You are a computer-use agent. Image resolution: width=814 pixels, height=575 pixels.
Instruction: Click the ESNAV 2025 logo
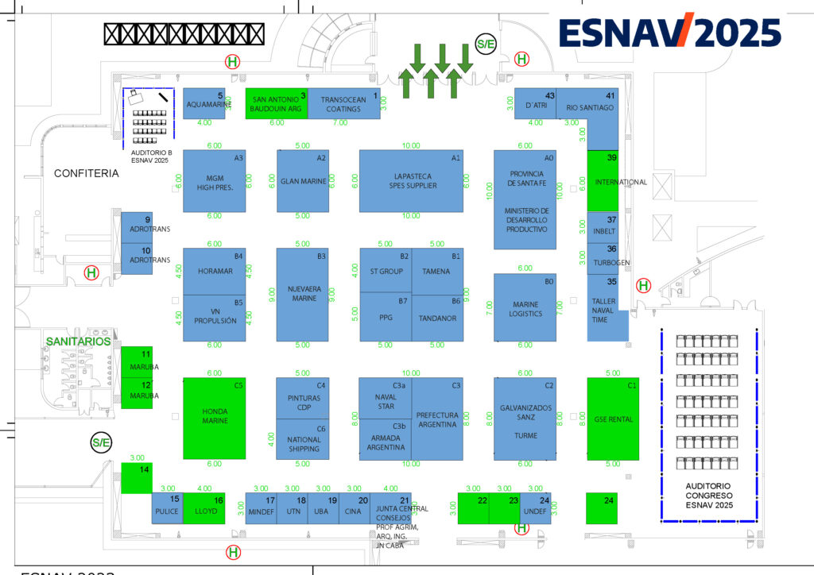tap(669, 33)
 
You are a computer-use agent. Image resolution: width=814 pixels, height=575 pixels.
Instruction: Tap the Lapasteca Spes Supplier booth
tap(411, 180)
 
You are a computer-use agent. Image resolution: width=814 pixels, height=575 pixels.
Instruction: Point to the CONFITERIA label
tap(86, 173)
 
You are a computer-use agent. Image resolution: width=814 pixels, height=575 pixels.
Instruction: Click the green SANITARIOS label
tap(78, 341)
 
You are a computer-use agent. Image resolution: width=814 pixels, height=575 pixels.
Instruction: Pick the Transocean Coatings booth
tap(343, 104)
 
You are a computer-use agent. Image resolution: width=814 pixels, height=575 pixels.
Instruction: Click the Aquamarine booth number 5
tap(205, 104)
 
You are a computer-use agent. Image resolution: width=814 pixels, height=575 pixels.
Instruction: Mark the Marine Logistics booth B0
tap(525, 307)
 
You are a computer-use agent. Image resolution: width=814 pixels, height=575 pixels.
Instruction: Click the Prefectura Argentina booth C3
tap(437, 419)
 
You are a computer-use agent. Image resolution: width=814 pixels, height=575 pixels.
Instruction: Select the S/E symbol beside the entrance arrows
tap(485, 44)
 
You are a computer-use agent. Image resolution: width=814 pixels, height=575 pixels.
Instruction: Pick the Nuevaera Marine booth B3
tap(302, 294)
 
